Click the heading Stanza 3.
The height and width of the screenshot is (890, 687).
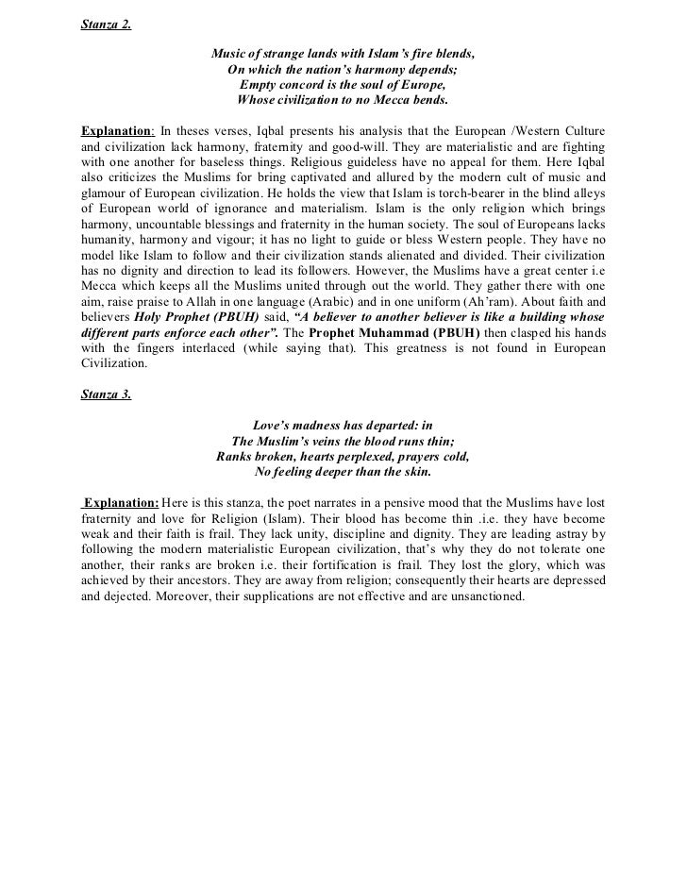(x=106, y=395)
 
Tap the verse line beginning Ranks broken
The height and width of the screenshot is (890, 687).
(x=343, y=456)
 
